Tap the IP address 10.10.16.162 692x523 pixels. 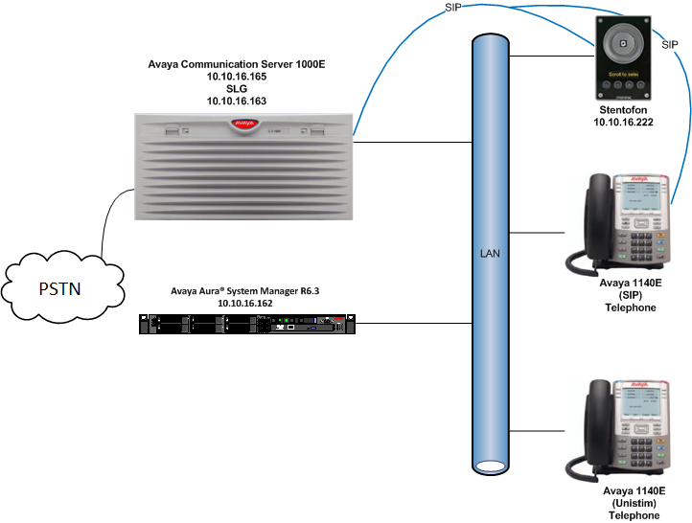pos(246,304)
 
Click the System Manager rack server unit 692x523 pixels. pos(247,323)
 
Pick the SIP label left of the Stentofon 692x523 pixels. pos(455,8)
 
